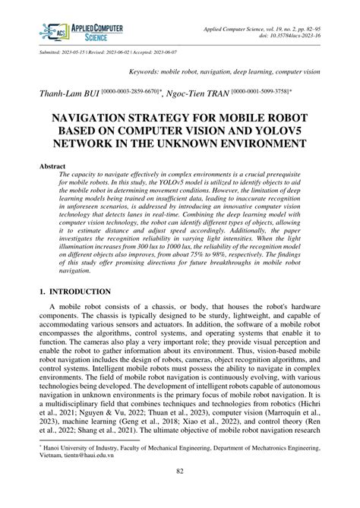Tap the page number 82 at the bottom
180,493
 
